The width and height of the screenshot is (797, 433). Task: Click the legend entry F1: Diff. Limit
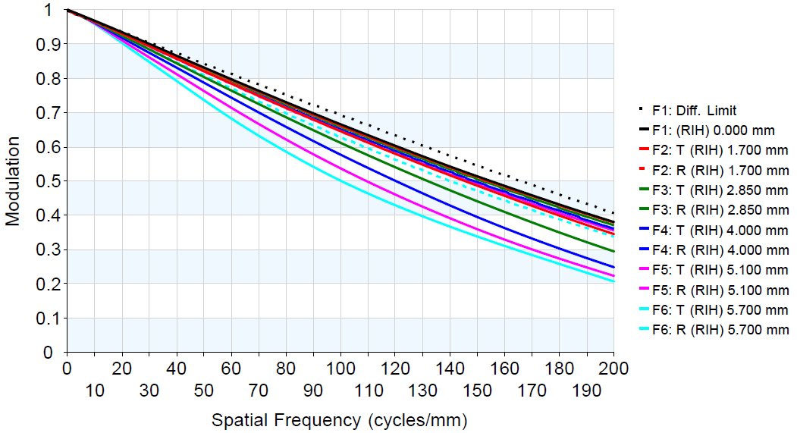coord(694,111)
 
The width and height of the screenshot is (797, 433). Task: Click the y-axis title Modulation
coord(13,181)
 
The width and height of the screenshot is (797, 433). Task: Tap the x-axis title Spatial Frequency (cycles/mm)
coord(339,419)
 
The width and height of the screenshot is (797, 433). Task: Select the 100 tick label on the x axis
coord(340,369)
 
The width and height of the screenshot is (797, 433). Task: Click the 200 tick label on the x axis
coord(613,369)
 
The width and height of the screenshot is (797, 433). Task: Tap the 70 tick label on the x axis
coord(259,391)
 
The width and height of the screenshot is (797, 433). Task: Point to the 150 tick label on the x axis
coord(477,391)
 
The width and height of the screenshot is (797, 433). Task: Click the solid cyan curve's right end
coord(613,281)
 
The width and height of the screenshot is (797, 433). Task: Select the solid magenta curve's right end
coord(613,275)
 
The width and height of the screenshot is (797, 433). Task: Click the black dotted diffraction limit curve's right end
coord(613,213)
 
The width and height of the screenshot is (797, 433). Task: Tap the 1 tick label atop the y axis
coord(50,10)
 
